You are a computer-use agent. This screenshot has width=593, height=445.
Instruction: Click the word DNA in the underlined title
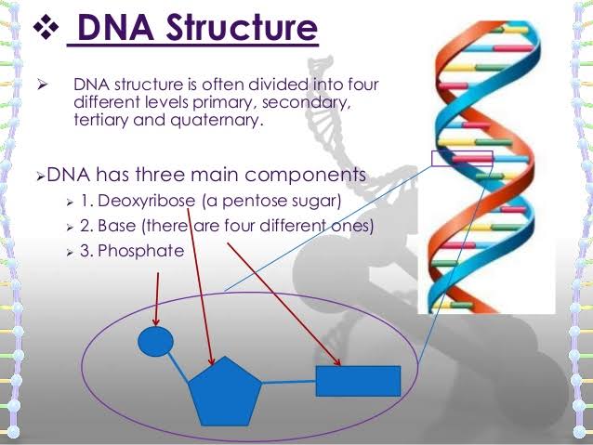click(x=102, y=30)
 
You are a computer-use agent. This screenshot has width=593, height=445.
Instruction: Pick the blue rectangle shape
click(x=358, y=380)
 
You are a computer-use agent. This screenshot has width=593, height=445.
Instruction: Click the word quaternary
click(x=228, y=120)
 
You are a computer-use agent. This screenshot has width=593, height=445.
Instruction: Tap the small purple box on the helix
click(x=462, y=158)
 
